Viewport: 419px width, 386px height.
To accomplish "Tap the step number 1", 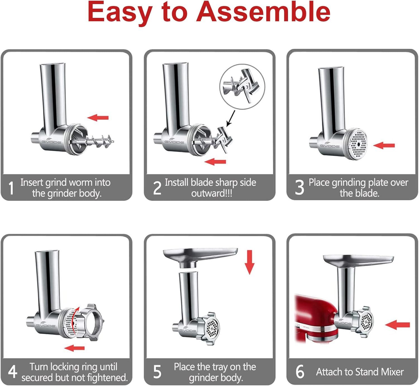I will click(x=11, y=188).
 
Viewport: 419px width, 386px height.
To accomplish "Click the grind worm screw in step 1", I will click(x=101, y=141).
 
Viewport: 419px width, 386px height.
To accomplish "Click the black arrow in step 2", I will click(x=231, y=118).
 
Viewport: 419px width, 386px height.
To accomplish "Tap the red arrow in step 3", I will click(x=384, y=145).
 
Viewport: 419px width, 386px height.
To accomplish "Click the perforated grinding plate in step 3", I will click(x=357, y=145).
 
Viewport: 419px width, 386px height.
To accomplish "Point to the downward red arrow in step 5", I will click(x=249, y=262).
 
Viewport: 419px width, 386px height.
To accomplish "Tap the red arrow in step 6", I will click(x=397, y=325).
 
